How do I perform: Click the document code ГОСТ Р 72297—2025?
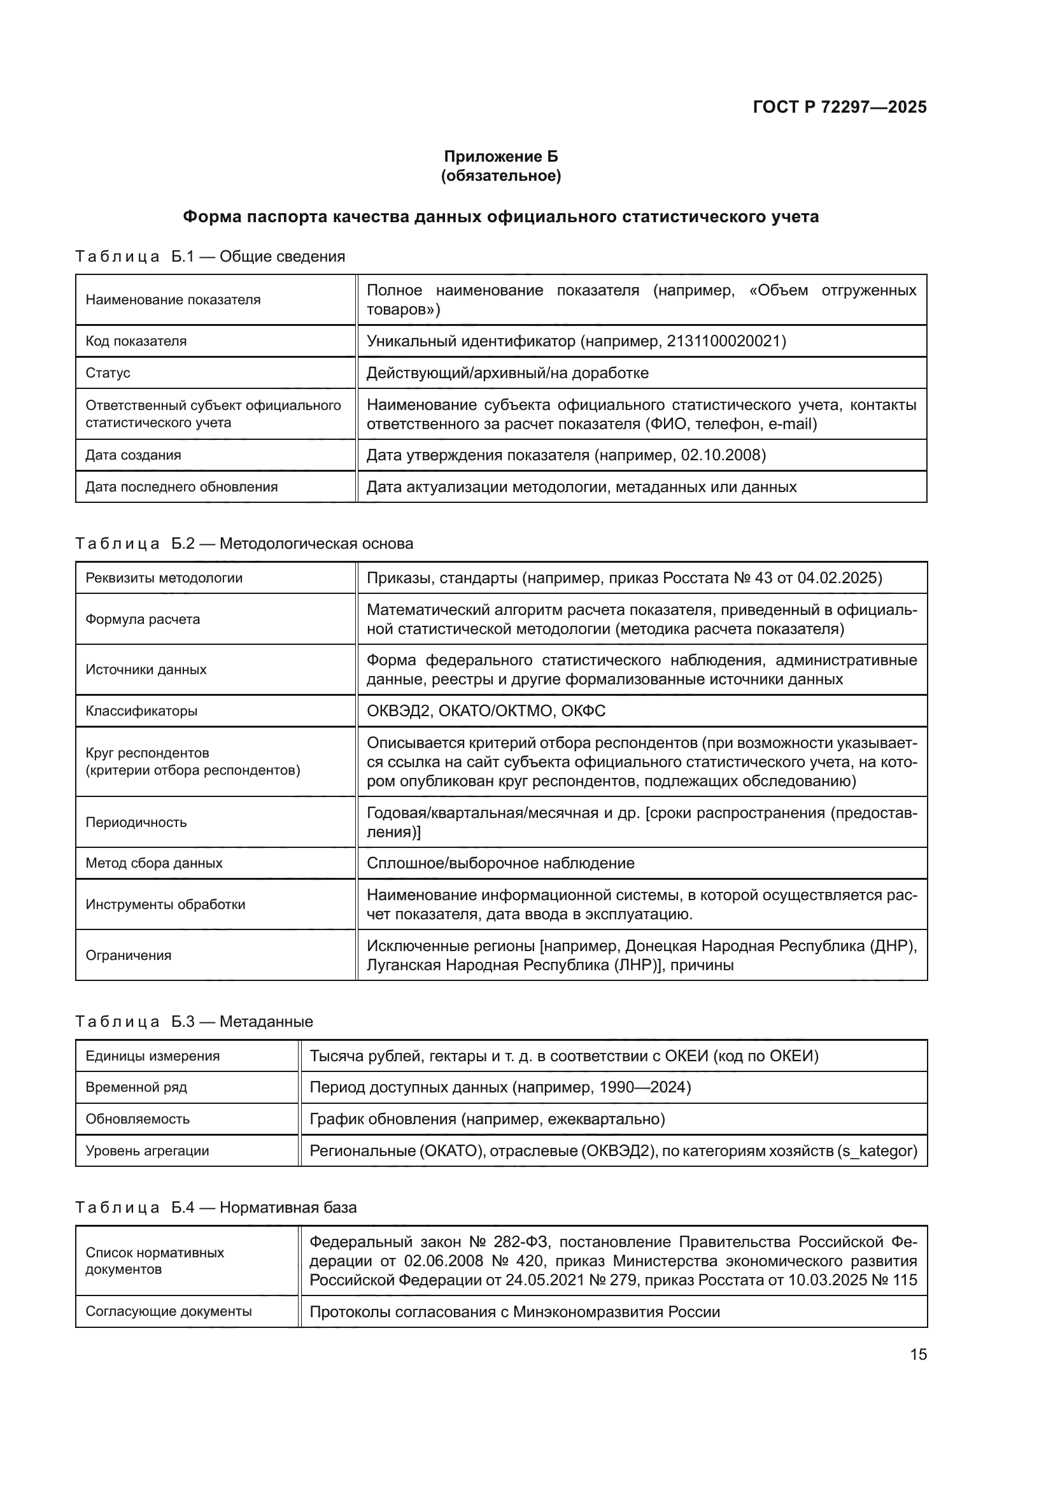pos(839,107)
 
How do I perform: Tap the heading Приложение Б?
pos(500,157)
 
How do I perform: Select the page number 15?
pos(918,1354)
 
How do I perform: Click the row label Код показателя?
pos(136,341)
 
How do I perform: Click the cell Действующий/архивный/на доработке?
pos(507,373)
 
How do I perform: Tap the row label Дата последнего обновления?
pos(181,487)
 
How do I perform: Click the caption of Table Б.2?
pos(244,544)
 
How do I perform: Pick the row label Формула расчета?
pos(143,619)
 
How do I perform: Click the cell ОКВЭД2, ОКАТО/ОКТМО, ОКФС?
pos(486,711)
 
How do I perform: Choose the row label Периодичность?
pos(136,822)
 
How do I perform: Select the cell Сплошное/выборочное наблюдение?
pos(500,863)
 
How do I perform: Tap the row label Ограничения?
pos(129,956)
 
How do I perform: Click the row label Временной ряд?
pos(136,1087)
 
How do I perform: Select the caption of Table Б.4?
pos(216,1208)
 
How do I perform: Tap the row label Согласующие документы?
pos(169,1311)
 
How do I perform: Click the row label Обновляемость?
pos(138,1119)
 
